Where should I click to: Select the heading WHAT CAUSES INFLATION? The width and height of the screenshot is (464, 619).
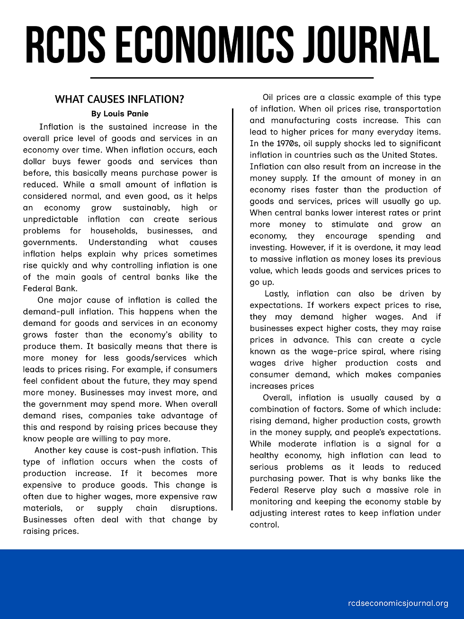[x=119, y=99]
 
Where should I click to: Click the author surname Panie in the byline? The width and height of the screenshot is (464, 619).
[x=137, y=114]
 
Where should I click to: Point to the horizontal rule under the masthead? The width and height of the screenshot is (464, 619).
[x=232, y=77]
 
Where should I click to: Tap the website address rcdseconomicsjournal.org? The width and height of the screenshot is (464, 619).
[x=398, y=603]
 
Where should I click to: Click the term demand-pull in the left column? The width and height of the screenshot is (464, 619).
[x=45, y=312]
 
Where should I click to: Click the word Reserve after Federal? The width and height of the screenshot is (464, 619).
[x=310, y=490]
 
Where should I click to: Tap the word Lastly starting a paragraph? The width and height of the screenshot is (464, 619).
[x=277, y=294]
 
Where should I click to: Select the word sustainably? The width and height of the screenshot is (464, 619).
[x=146, y=208]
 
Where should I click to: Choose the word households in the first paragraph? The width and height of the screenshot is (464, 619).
[x=113, y=231]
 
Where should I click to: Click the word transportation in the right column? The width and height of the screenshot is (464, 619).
[x=412, y=109]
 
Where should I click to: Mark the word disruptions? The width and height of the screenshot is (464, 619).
[x=194, y=508]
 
